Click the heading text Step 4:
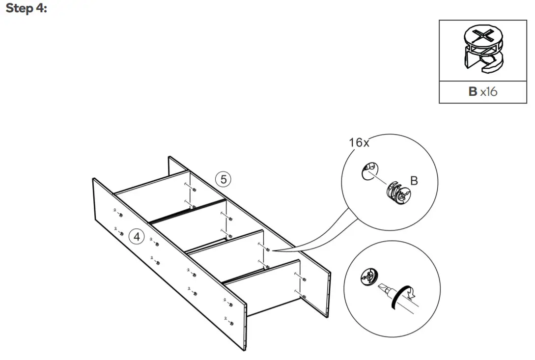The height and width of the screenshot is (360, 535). click(x=26, y=9)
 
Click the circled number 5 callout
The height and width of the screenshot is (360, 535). click(x=224, y=179)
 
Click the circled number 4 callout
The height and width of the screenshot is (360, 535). click(x=137, y=237)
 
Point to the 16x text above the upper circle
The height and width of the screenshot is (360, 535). click(x=359, y=142)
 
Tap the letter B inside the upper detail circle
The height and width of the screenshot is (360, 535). click(x=414, y=181)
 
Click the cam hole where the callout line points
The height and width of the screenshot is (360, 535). click(x=268, y=250)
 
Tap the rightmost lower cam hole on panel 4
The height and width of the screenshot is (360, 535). click(x=231, y=323)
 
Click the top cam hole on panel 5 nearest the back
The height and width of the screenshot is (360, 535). click(x=195, y=190)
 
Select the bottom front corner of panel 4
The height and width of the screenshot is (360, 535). click(x=244, y=350)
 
